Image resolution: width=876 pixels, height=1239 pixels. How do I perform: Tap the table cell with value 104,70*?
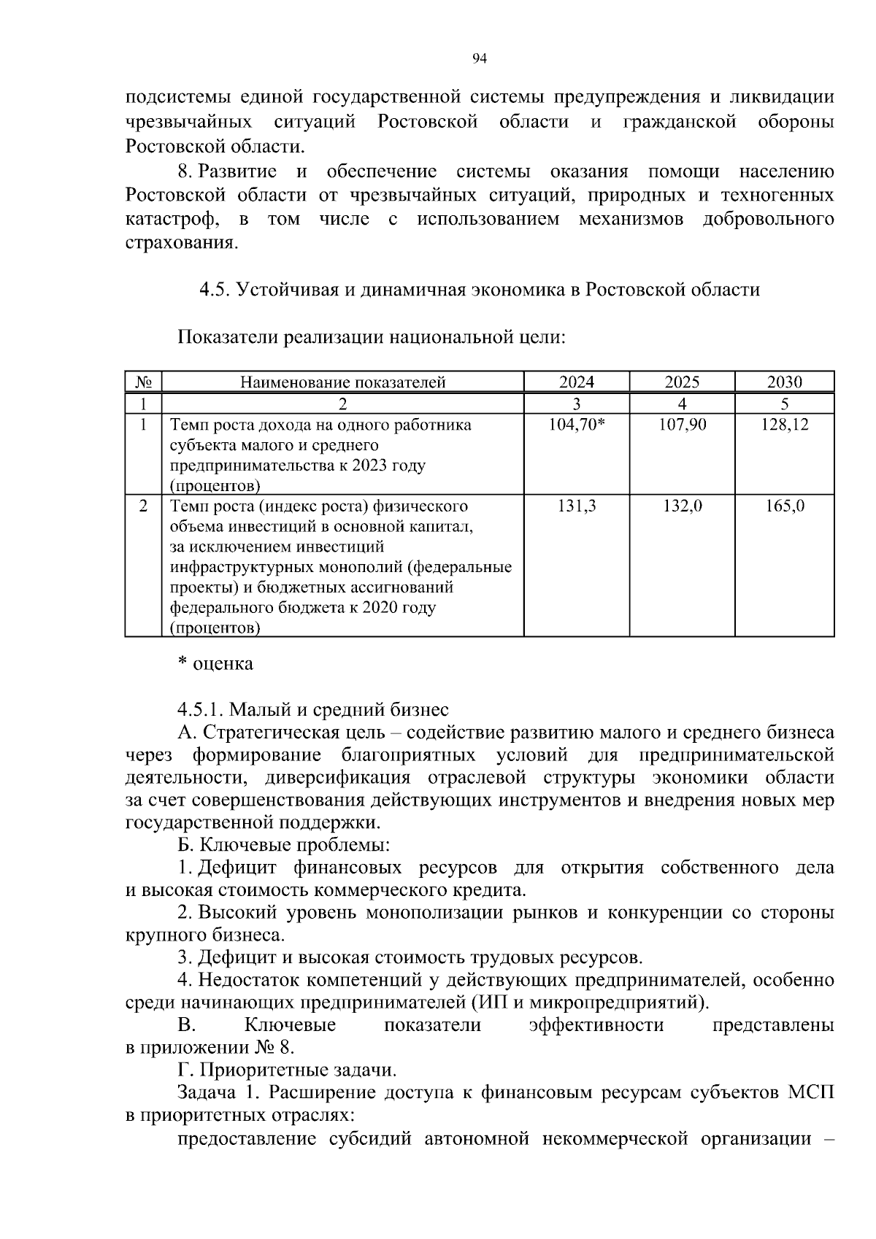(x=577, y=425)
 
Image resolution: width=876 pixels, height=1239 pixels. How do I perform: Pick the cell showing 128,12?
(x=785, y=425)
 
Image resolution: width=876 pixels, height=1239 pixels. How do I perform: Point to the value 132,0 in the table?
(x=683, y=506)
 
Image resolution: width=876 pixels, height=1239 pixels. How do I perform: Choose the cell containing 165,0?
(x=785, y=506)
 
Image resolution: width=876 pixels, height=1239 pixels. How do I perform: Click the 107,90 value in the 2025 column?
(x=683, y=425)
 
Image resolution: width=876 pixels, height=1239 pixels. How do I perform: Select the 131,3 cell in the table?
(x=577, y=506)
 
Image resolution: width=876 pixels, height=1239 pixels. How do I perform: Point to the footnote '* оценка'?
(x=216, y=663)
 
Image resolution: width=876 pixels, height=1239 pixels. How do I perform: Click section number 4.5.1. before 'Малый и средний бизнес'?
(x=201, y=709)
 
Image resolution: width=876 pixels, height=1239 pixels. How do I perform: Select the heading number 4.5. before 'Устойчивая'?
(x=215, y=290)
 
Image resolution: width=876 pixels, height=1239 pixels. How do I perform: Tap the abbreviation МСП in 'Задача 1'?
(x=811, y=1092)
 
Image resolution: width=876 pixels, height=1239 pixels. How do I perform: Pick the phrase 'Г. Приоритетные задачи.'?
(x=288, y=1070)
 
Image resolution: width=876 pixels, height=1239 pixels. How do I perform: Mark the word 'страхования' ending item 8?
(x=182, y=242)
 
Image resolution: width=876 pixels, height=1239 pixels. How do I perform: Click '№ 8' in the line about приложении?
(x=274, y=1048)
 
